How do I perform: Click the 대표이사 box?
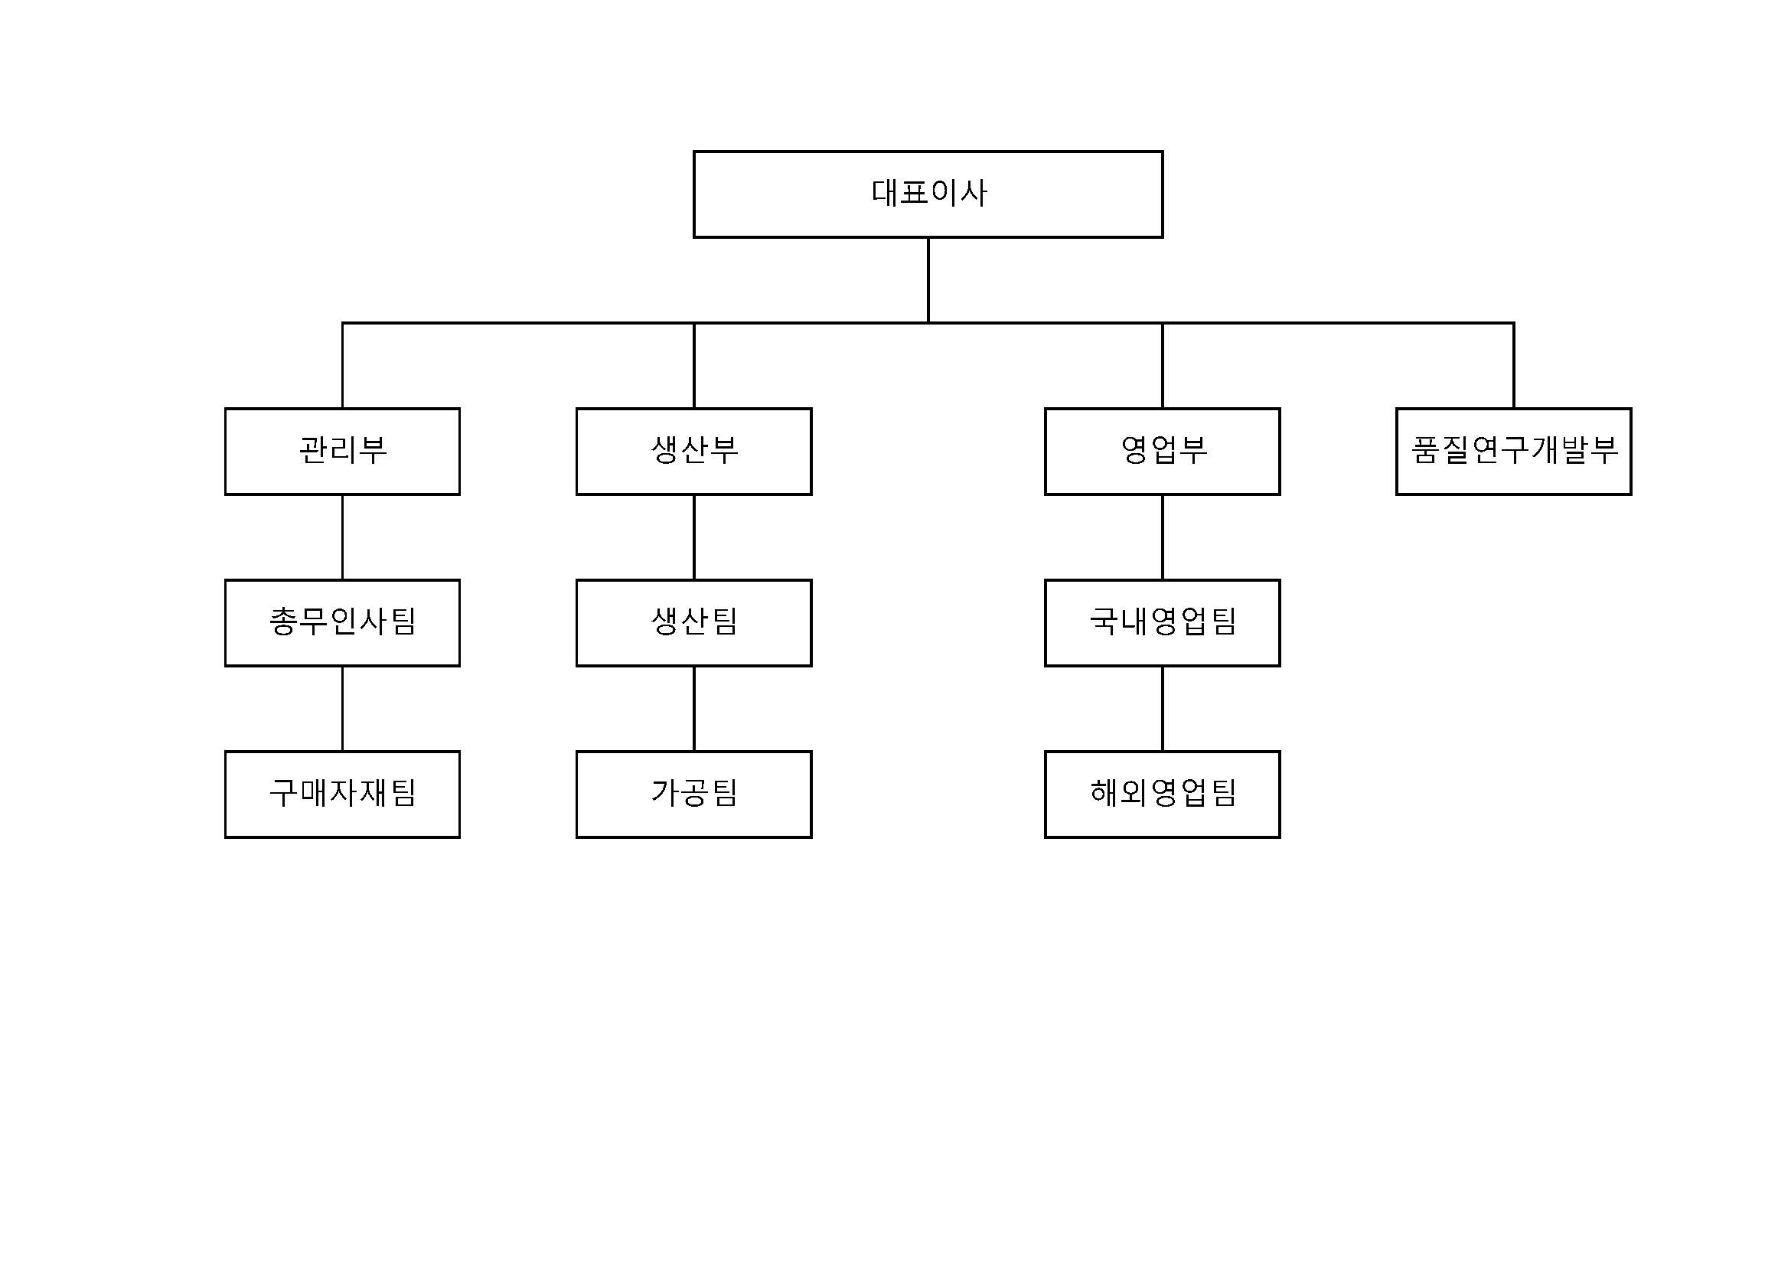(x=928, y=194)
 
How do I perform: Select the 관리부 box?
(x=342, y=451)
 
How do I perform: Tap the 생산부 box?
(x=693, y=451)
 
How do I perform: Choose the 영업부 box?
(x=1163, y=451)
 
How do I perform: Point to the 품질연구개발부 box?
(x=1513, y=451)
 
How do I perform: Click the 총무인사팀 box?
(x=342, y=622)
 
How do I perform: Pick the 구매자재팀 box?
(x=342, y=794)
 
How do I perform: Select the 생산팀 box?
(x=693, y=622)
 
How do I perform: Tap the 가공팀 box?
(x=693, y=794)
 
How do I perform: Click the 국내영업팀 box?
(x=1163, y=622)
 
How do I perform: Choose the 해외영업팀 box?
(x=1163, y=794)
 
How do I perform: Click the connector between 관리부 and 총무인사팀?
(x=342, y=537)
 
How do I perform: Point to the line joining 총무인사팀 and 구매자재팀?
(x=342, y=708)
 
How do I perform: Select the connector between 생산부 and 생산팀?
(x=693, y=537)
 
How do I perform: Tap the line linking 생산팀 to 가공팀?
(x=693, y=708)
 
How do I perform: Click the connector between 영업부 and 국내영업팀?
(x=1163, y=537)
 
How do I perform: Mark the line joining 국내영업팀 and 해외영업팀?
(x=1163, y=708)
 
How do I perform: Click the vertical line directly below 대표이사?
(x=928, y=280)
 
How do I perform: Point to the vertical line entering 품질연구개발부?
(x=1513, y=365)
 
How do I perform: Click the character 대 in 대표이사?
(x=884, y=193)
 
